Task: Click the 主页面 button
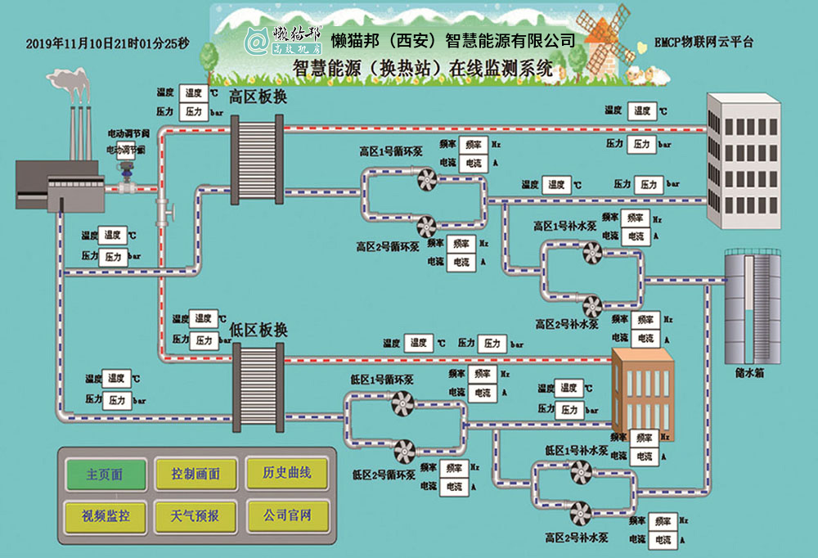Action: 106,474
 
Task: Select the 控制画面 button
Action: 196,474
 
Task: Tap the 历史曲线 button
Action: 286,473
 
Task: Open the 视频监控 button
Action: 106,516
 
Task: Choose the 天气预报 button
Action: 196,516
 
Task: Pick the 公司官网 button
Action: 286,515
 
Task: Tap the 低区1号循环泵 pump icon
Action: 402,402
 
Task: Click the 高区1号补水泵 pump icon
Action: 592,254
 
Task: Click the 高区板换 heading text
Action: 258,97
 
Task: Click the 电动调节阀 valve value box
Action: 126,151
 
